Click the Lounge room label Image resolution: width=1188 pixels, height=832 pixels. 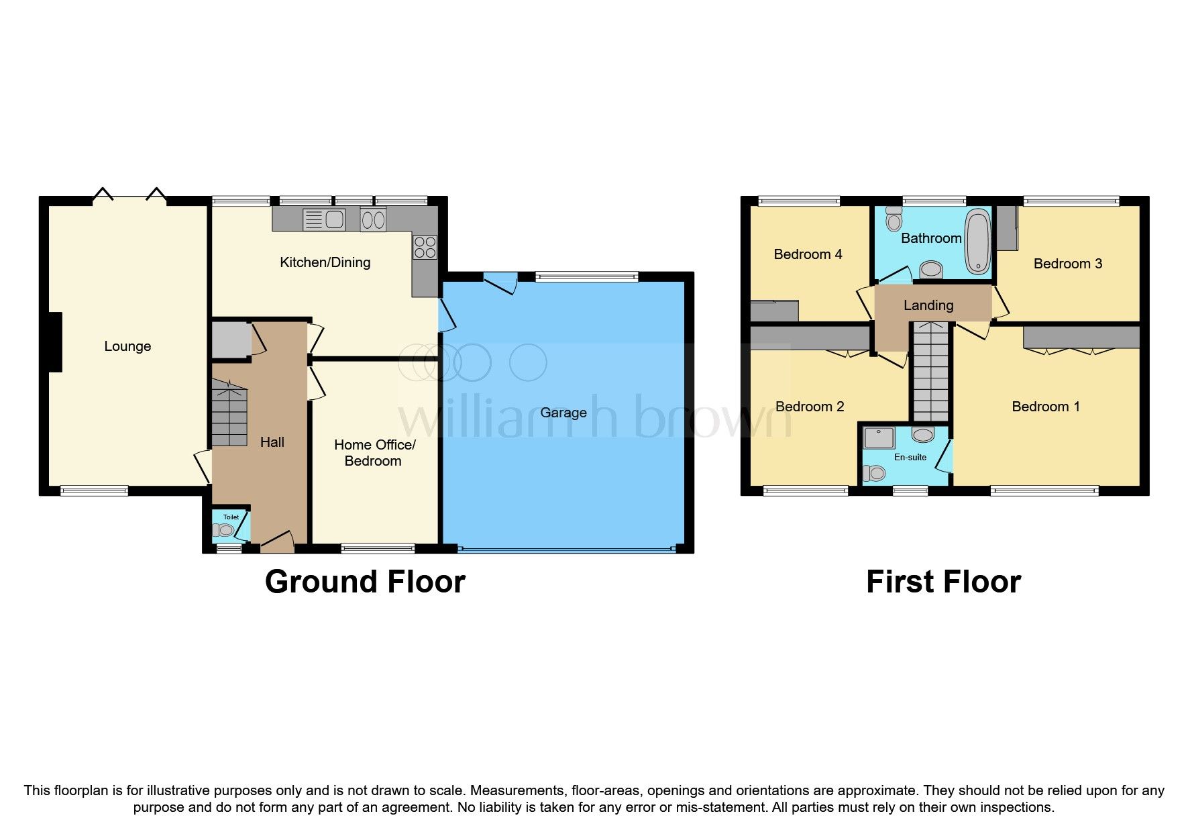pos(127,346)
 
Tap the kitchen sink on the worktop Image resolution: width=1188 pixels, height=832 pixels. pos(323,219)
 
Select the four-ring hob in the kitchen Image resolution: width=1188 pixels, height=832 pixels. pos(425,247)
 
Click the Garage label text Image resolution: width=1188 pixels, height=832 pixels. pos(563,413)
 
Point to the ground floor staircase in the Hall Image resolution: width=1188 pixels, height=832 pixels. pos(229,413)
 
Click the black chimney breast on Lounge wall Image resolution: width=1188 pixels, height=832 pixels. pos(54,342)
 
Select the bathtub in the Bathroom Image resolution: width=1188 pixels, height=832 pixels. pos(978,241)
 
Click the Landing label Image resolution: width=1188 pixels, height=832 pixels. pos(928,305)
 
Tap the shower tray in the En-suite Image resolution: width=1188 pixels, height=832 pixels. pos(879,437)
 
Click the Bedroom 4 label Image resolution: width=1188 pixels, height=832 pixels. pos(808,254)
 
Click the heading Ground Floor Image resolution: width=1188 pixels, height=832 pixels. pos(365,582)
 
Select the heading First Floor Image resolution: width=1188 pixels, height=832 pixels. pos(943,582)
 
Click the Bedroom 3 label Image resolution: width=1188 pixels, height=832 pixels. pos(1067,264)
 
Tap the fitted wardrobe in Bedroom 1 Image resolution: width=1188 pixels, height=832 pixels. pos(1081,337)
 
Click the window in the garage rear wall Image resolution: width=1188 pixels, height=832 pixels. pos(586,275)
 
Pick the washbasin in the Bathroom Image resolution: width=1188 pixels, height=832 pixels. pos(930,270)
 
